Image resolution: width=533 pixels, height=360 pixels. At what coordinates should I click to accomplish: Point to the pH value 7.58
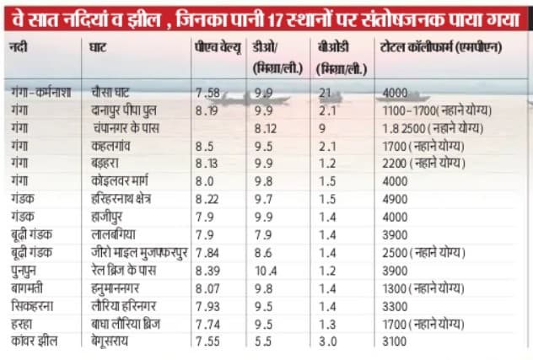(207, 92)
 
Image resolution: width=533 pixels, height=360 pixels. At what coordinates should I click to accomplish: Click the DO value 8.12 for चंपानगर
(268, 127)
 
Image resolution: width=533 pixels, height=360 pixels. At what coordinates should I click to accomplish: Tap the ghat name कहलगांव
(116, 145)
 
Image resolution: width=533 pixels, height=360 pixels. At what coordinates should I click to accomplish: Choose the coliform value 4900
(395, 198)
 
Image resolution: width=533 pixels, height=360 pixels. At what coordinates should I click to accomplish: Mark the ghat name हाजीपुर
(110, 216)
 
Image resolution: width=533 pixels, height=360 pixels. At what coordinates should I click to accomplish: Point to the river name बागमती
(27, 287)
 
